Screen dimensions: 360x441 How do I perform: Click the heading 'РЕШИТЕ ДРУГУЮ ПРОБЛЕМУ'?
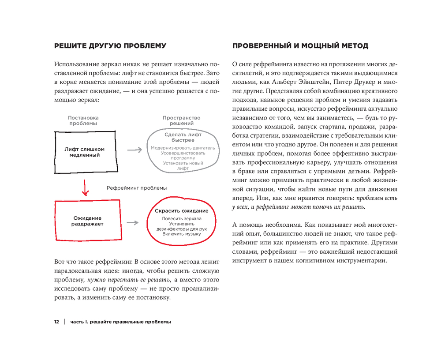point(110,45)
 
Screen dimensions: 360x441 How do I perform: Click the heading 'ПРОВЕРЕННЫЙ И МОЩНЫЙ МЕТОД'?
point(300,45)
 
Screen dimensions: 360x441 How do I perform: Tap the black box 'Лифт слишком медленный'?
point(85,152)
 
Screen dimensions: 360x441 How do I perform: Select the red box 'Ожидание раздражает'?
point(87,221)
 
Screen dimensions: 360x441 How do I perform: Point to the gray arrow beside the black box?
point(134,150)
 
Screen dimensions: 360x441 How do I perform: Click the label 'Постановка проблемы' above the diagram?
point(83,120)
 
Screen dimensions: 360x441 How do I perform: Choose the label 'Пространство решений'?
point(181,120)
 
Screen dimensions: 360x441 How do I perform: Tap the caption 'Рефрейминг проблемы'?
point(137,188)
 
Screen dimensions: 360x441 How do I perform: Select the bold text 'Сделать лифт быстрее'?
point(183,137)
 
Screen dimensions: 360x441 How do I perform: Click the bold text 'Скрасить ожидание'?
point(181,211)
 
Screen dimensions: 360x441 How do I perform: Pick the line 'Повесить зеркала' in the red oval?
point(181,218)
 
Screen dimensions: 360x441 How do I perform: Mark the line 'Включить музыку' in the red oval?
point(181,234)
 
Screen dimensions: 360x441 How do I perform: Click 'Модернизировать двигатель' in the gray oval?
point(183,148)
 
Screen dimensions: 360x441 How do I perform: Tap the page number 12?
point(56,322)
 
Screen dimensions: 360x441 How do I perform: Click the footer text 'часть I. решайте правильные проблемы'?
point(119,322)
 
